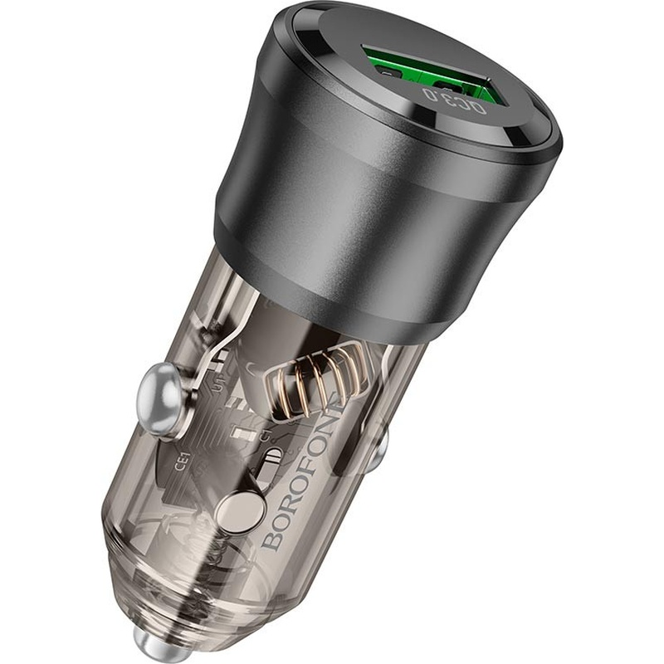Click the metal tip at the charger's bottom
click(x=247, y=643)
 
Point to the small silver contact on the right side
click(x=378, y=447)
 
